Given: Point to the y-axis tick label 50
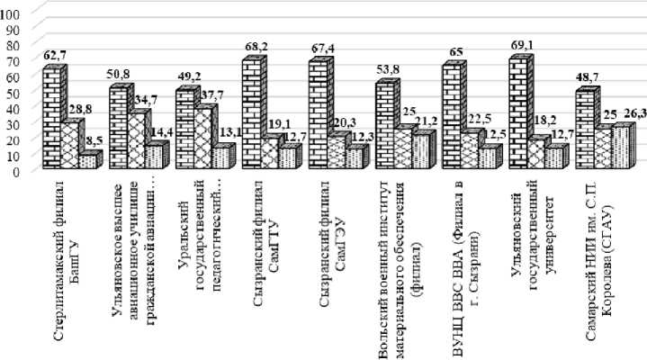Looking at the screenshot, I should pos(13,93).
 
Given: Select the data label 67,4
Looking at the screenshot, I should pos(326,47).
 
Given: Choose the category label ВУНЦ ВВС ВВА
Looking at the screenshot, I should pos(460,240).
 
